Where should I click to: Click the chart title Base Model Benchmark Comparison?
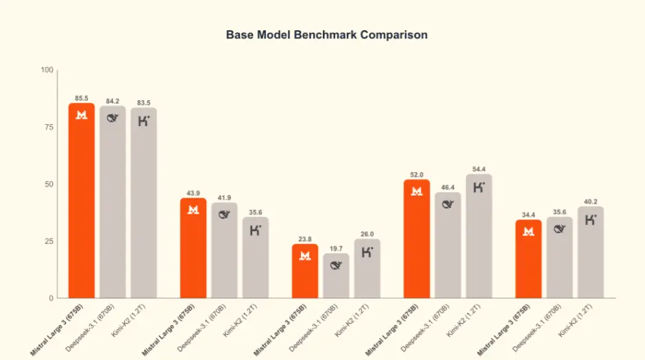pyautogui.click(x=326, y=34)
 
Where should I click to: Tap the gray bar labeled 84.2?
pyautogui.click(x=112, y=202)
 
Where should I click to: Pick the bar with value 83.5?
pyautogui.click(x=144, y=203)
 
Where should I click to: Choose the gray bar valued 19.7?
pyautogui.click(x=336, y=276)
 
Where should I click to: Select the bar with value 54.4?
pyautogui.click(x=478, y=237)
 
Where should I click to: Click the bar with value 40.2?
pyautogui.click(x=591, y=252)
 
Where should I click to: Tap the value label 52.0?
pyautogui.click(x=417, y=174)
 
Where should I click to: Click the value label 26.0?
pyautogui.click(x=367, y=233)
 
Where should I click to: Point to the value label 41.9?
pyautogui.click(x=224, y=197)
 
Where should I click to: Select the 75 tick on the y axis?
pyautogui.click(x=49, y=127)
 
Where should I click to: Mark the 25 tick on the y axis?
pyautogui.click(x=49, y=241)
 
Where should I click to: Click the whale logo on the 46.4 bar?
pyautogui.click(x=448, y=204)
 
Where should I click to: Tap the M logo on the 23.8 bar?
pyautogui.click(x=305, y=256)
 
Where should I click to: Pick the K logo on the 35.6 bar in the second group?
pyautogui.click(x=256, y=230)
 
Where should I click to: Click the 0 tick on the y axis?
pyautogui.click(x=51, y=298)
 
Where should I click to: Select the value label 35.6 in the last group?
pyautogui.click(x=559, y=212)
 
